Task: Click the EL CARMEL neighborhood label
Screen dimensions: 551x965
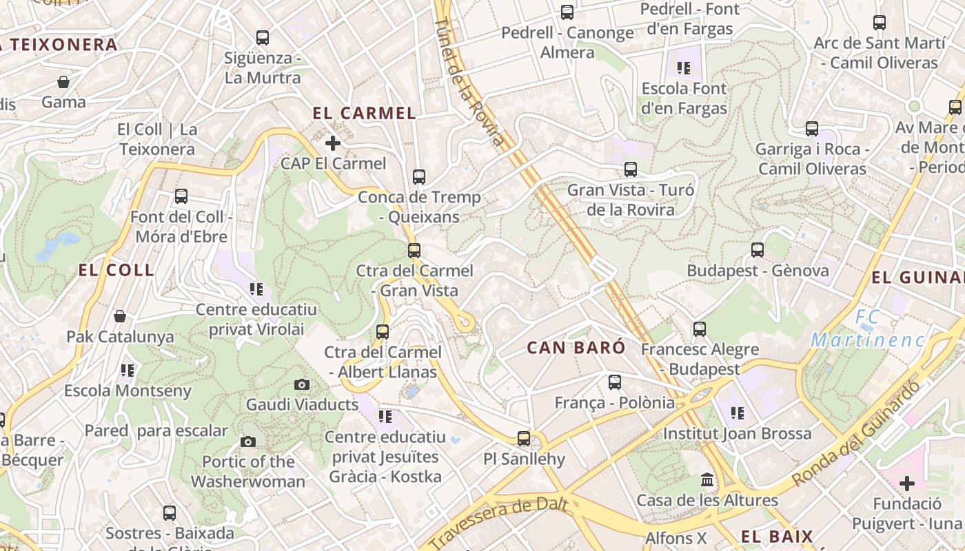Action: (x=364, y=114)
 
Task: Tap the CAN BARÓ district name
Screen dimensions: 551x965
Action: (x=576, y=348)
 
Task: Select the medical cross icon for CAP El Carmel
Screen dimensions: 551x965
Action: (x=332, y=143)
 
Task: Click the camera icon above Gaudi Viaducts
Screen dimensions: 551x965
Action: (x=301, y=384)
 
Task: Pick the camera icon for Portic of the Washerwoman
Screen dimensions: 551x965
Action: (x=248, y=441)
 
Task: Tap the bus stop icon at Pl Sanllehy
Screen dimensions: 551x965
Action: (x=524, y=438)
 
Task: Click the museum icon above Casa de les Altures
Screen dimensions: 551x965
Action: (x=707, y=479)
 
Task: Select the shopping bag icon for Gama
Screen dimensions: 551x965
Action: (x=63, y=82)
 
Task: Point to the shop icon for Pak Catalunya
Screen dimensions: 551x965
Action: (x=120, y=316)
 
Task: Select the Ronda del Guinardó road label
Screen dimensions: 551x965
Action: (x=857, y=435)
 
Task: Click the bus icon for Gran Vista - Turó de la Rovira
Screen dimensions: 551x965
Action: (x=630, y=169)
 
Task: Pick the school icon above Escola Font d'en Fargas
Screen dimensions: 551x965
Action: (x=683, y=67)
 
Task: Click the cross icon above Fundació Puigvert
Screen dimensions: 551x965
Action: (x=906, y=483)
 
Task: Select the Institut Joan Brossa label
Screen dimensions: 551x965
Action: (x=737, y=434)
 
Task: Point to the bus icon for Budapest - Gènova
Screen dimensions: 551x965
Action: (x=758, y=249)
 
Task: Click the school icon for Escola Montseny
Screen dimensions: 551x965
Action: (x=127, y=371)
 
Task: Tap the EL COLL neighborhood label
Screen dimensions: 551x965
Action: (x=116, y=270)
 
